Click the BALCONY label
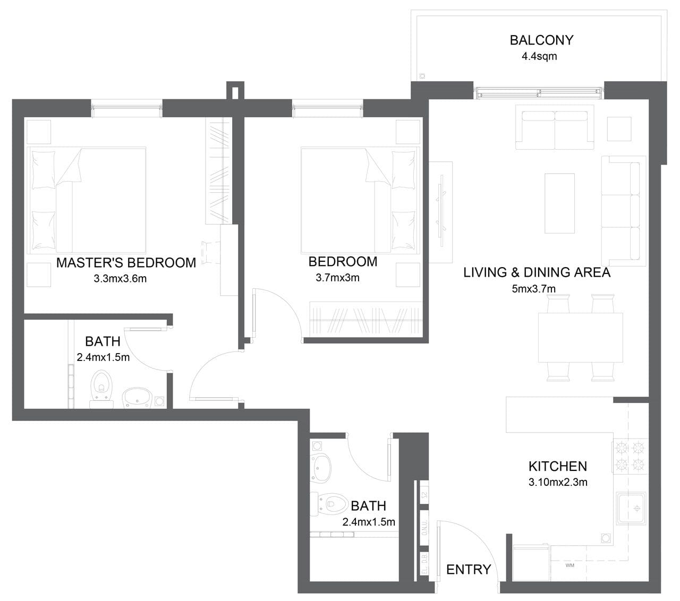tap(541, 40)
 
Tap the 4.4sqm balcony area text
tap(539, 56)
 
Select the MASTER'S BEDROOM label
tap(126, 263)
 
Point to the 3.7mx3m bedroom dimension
tap(337, 278)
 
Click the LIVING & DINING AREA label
tap(537, 273)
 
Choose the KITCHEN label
tap(557, 467)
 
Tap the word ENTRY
tap(468, 570)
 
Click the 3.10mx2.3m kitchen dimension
tap(557, 483)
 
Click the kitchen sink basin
tap(631, 508)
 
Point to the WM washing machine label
tap(570, 565)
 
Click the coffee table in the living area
tap(559, 203)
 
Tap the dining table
tap(580, 337)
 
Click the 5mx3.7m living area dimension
tap(534, 289)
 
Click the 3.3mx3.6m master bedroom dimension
tap(120, 279)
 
